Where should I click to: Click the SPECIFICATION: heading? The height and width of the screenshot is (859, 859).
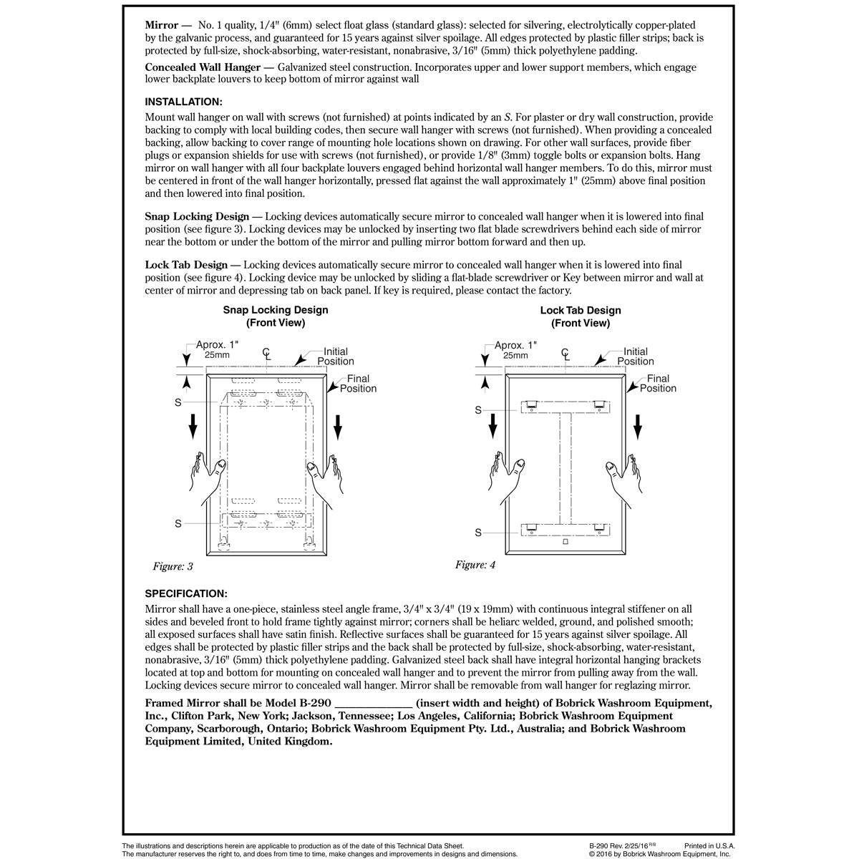click(186, 593)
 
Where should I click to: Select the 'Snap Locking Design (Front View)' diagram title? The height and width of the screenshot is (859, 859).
click(276, 316)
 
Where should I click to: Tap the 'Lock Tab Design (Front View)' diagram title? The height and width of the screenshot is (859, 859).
click(581, 316)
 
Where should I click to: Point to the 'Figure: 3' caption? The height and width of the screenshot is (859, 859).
click(173, 567)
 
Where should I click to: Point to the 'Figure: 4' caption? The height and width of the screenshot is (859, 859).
click(475, 565)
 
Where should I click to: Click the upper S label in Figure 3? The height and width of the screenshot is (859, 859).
click(178, 404)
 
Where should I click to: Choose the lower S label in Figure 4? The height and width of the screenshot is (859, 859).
click(478, 533)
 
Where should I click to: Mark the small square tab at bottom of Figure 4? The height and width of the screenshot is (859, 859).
click(566, 543)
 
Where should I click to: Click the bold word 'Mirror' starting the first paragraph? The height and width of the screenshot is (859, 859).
click(162, 25)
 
